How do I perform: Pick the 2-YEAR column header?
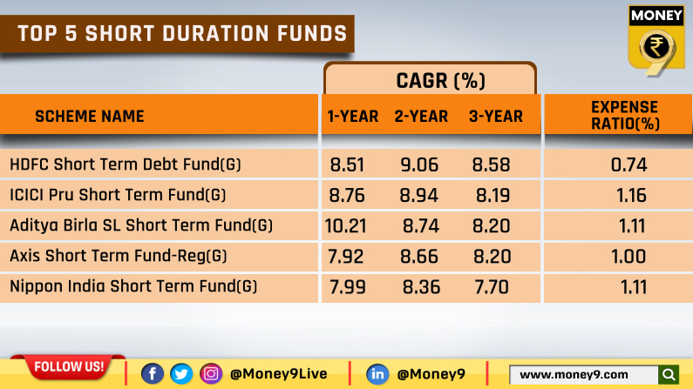pos(421,117)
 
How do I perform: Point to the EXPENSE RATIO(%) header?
pos(624,116)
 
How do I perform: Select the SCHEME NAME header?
pos(89,117)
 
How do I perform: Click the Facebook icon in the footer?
pos(152,373)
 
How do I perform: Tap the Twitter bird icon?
pos(181,373)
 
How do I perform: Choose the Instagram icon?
pos(211,373)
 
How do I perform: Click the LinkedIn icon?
pos(377,373)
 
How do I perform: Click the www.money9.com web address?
pos(574,374)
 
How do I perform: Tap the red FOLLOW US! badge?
pos(69,366)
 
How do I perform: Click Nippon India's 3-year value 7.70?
pos(492,287)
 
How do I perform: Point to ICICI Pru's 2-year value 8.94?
pos(418,195)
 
